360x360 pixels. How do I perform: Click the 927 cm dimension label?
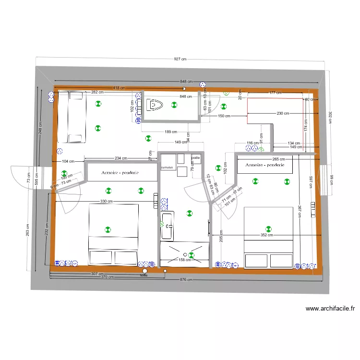coord(180,59)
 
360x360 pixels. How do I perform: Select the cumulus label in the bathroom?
coord(167,168)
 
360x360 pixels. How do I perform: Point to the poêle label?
coord(195,157)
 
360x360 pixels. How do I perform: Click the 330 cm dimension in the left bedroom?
coord(106,202)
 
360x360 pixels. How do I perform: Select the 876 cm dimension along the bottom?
coord(186,279)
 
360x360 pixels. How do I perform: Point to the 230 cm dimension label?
coord(283,114)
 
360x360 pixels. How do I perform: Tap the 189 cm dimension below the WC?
coord(171,132)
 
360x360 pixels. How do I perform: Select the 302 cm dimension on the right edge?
coord(330,117)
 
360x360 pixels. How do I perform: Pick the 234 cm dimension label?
coord(121,158)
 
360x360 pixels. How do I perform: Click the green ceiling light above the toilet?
coord(173,105)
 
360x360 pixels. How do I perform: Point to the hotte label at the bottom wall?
coord(144,276)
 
